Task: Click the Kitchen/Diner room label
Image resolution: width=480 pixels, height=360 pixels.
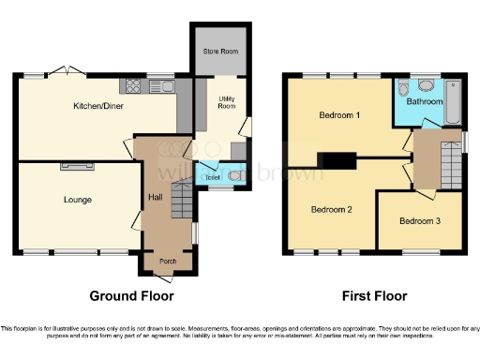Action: [98, 106]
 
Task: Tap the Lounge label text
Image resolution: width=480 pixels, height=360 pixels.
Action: [77, 199]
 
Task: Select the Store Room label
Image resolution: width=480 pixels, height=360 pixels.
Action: [219, 52]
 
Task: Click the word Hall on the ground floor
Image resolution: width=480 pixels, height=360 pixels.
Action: [156, 197]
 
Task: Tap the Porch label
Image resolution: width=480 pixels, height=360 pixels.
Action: [168, 262]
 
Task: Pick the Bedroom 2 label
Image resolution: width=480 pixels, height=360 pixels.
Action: [331, 209]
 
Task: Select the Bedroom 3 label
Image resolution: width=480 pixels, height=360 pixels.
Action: [418, 221]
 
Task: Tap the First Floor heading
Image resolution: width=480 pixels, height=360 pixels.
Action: [373, 296]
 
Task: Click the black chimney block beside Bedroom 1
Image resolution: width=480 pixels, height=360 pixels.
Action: [335, 160]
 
